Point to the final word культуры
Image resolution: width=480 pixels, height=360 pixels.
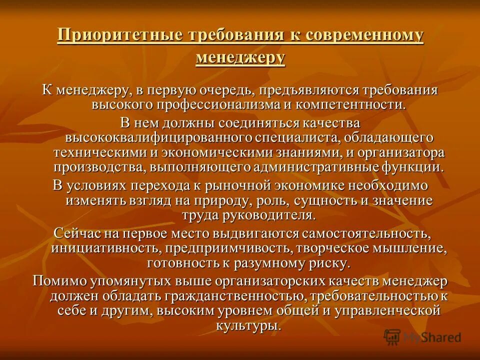[x=255, y=325]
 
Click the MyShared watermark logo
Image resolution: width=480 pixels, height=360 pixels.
[x=422, y=336]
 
